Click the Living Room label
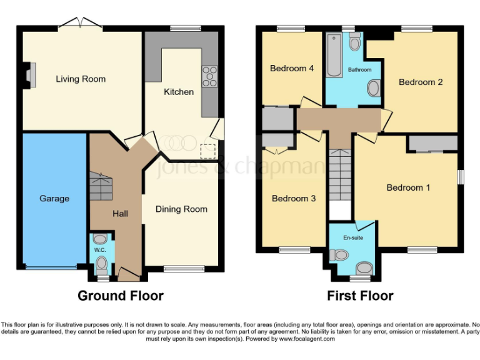point(81,79)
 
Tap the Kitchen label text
point(179,92)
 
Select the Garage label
point(54,199)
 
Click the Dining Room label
point(181,209)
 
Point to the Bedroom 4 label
point(291,69)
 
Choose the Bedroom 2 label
point(421,82)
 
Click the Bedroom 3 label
point(293,199)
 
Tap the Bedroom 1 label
point(408,187)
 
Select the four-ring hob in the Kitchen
point(209,76)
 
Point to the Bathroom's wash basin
point(373,89)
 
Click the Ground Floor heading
point(120,296)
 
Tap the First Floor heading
point(360,296)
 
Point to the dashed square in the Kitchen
point(207,151)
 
